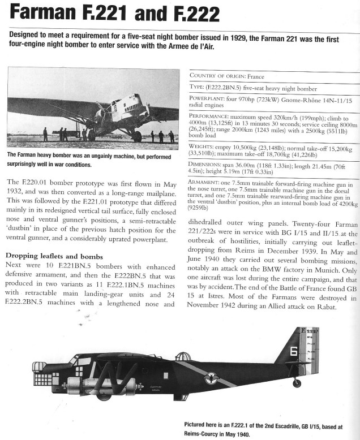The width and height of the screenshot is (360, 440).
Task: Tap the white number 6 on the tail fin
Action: (x=294, y=351)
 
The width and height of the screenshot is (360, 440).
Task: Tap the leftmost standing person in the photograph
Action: (x=45, y=134)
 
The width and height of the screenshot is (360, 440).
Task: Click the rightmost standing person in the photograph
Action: (x=172, y=136)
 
